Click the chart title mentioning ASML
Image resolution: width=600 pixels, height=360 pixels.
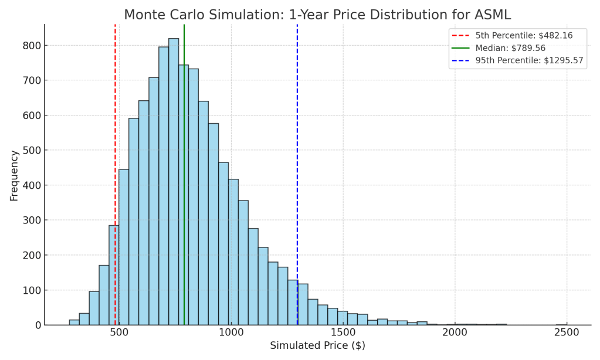pyautogui.click(x=317, y=15)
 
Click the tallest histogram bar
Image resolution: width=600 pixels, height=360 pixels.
pyautogui.click(x=174, y=182)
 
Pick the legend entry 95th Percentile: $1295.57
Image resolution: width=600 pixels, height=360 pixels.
pyautogui.click(x=517, y=60)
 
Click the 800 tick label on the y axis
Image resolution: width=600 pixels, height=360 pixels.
pyautogui.click(x=32, y=46)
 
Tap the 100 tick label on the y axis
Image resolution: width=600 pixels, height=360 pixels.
pyautogui.click(x=32, y=290)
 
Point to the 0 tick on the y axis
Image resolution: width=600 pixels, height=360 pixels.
pyautogui.click(x=38, y=325)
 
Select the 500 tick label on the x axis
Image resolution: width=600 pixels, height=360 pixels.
pyautogui.click(x=120, y=332)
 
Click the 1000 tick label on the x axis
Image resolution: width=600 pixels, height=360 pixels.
pyautogui.click(x=231, y=332)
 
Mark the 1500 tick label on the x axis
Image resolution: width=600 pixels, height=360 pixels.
pyautogui.click(x=343, y=332)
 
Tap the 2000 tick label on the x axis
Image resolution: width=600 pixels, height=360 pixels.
pyautogui.click(x=455, y=332)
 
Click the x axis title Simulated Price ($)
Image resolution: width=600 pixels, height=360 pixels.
pyautogui.click(x=317, y=346)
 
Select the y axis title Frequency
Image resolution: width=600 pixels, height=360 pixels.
pyautogui.click(x=14, y=175)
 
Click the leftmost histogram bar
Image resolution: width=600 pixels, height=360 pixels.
pyautogui.click(x=74, y=322)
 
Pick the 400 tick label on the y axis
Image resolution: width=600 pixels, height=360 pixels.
pyautogui.click(x=32, y=185)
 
